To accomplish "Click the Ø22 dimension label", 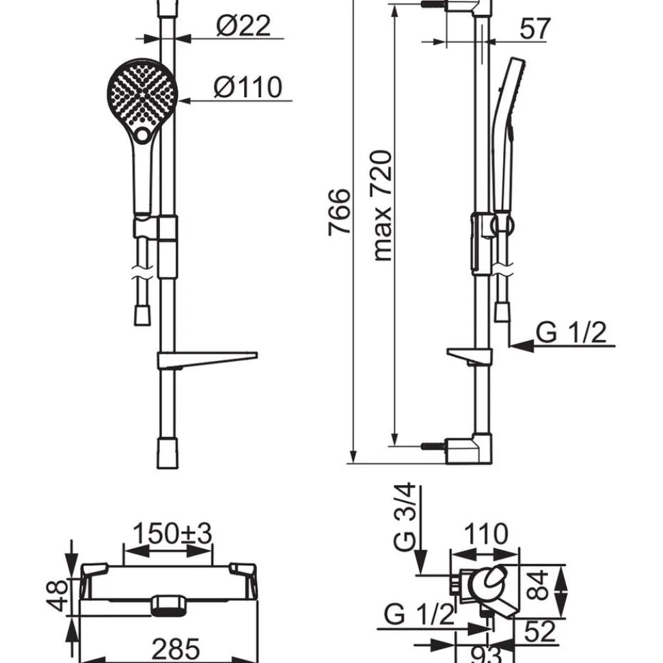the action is point(243,26).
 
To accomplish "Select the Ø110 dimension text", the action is point(248,87).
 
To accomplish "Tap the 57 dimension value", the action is point(535,29).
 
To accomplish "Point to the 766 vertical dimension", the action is point(340,212).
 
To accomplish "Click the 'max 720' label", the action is point(382,206).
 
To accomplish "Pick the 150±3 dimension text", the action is point(172,534).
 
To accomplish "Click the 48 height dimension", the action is point(57,595).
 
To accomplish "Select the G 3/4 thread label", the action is point(406,517).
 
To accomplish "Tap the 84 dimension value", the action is point(539,585).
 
